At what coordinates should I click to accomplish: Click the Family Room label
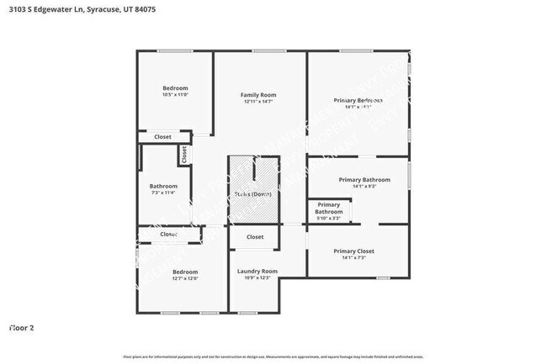[258, 95]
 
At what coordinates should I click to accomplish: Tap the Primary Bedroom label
[358, 101]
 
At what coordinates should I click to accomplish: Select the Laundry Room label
[257, 271]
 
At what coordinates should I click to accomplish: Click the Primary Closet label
[353, 251]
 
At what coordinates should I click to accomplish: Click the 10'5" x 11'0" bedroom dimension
[175, 95]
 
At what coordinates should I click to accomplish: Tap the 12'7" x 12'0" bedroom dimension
[185, 279]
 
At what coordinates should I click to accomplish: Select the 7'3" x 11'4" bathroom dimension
[163, 193]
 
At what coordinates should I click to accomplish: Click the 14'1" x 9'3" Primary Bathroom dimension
[364, 187]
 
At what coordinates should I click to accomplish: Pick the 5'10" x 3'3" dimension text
[329, 219]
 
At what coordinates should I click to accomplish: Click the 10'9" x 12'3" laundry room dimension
[257, 277]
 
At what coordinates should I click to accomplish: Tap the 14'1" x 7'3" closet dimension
[353, 258]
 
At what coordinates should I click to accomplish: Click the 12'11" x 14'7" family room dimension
[258, 102]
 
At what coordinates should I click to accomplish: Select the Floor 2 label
[21, 327]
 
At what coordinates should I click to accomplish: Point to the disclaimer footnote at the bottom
[273, 356]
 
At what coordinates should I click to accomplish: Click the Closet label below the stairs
[255, 237]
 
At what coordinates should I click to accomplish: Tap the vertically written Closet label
[183, 155]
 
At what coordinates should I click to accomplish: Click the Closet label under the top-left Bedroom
[162, 136]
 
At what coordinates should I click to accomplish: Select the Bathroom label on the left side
[163, 186]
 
